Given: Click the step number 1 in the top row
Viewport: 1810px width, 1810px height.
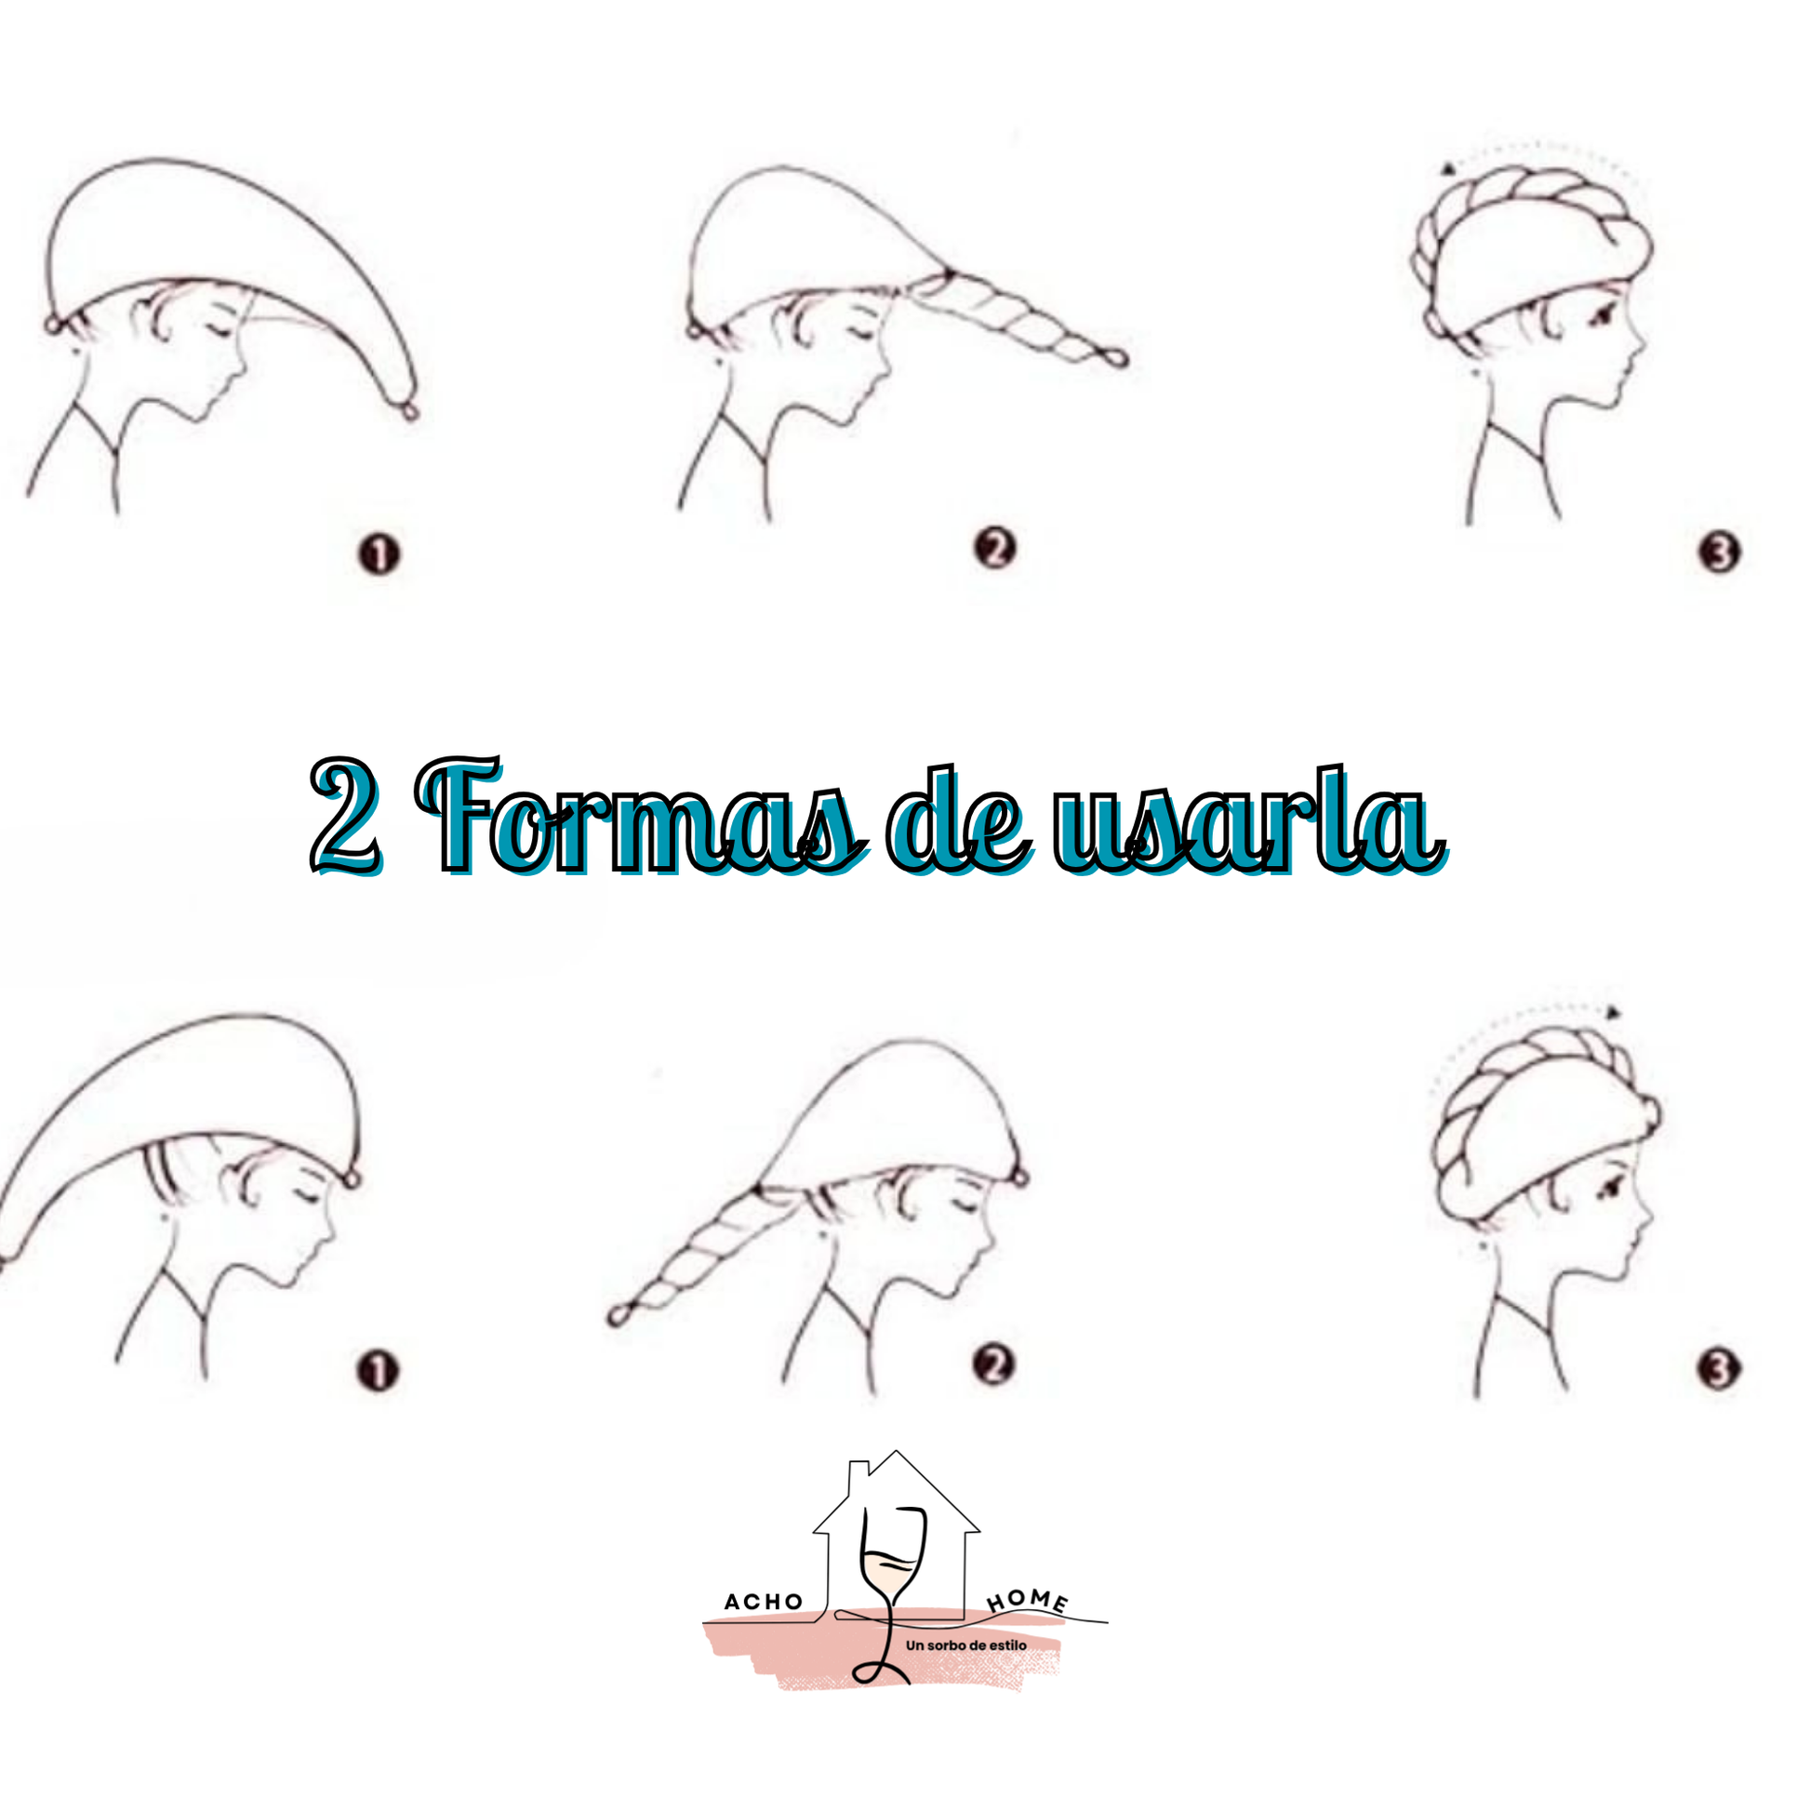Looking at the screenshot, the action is pyautogui.click(x=379, y=553).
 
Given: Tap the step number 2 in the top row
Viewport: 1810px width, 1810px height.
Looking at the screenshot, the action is pyautogui.click(x=995, y=548).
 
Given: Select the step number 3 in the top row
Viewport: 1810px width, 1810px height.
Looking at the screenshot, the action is pyautogui.click(x=1720, y=552).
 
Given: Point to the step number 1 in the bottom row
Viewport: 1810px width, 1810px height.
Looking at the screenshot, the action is pyautogui.click(x=378, y=1372).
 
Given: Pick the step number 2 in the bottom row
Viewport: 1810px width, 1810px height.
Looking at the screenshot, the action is pyautogui.click(x=994, y=1365).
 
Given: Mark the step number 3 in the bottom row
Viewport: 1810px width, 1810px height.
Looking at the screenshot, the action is pyautogui.click(x=1719, y=1370).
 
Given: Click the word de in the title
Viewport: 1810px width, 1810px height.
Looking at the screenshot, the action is pyautogui.click(x=959, y=820).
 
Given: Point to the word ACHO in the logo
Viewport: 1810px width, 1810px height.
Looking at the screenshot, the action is pyautogui.click(x=764, y=1602).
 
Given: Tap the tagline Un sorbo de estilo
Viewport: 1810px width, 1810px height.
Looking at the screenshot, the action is pyautogui.click(x=965, y=1645).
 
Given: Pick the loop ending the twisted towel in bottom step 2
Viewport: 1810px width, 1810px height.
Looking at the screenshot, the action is pyautogui.click(x=616, y=1315).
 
